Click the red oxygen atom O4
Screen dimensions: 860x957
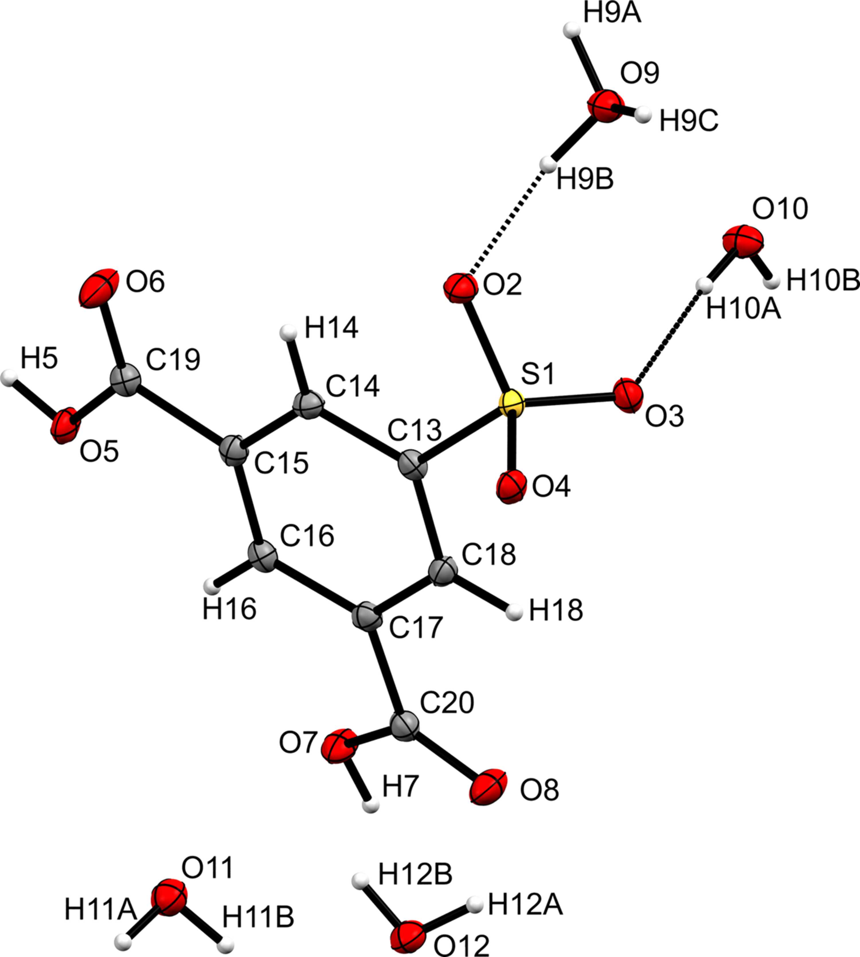click(511, 487)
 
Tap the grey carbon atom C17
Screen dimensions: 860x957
click(367, 618)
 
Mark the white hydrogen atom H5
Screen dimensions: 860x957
click(9, 378)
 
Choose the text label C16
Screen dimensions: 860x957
click(307, 535)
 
